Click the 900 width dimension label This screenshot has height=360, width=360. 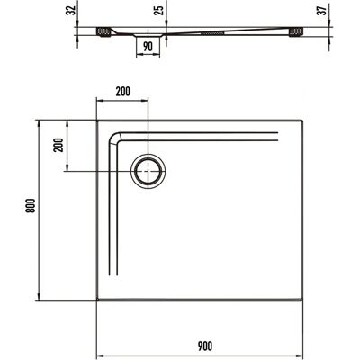(x=205, y=346)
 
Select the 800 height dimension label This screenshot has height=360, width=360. (x=31, y=205)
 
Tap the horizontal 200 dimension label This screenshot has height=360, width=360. (x=123, y=92)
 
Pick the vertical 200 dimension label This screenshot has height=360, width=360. (x=58, y=145)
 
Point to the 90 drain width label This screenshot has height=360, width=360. (x=148, y=47)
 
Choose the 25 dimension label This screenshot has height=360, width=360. (x=160, y=10)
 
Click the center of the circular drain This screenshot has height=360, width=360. (x=148, y=171)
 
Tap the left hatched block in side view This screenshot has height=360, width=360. (x=103, y=32)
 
